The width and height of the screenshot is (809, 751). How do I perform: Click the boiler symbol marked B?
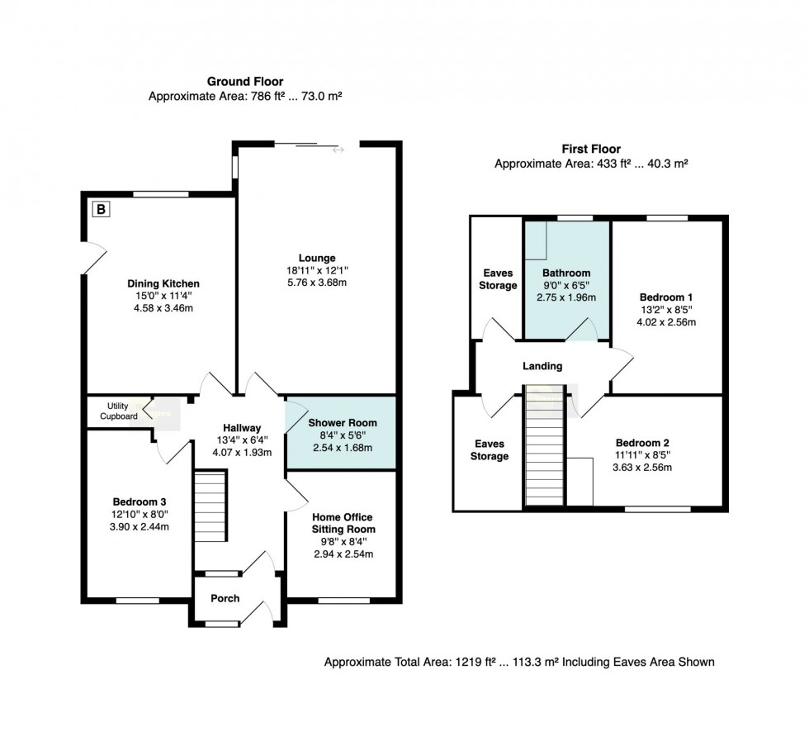click(x=101, y=209)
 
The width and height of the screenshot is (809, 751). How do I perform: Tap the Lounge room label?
click(x=317, y=258)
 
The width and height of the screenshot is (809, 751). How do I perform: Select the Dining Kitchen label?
click(x=163, y=283)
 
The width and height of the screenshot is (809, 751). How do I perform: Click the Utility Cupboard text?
click(x=119, y=411)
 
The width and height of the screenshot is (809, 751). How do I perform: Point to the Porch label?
click(x=225, y=598)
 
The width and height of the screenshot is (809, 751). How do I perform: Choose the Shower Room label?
click(x=343, y=422)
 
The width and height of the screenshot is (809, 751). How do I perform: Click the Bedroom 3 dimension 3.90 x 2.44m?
click(x=140, y=527)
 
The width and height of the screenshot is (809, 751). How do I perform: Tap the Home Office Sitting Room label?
click(x=343, y=523)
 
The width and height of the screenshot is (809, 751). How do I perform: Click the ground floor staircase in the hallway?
click(x=211, y=506)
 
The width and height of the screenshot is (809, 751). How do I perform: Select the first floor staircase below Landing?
click(x=544, y=444)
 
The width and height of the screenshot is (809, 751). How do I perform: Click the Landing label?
click(x=542, y=366)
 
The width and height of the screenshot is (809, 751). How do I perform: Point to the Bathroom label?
click(x=566, y=273)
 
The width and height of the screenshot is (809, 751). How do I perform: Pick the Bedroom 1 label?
click(x=666, y=297)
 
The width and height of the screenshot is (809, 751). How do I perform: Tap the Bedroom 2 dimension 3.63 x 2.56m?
click(x=642, y=468)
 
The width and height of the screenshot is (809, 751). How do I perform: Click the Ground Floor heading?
click(x=245, y=82)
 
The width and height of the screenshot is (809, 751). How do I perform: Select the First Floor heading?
click(x=591, y=150)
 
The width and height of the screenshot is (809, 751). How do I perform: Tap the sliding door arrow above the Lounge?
click(x=338, y=150)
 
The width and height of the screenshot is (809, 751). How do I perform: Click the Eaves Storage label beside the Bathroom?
click(x=498, y=279)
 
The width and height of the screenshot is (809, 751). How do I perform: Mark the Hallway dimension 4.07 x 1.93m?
click(x=242, y=453)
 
